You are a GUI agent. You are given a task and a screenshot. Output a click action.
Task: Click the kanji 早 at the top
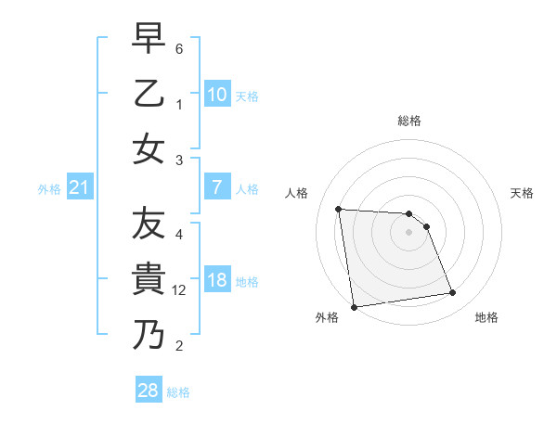pyautogui.click(x=149, y=40)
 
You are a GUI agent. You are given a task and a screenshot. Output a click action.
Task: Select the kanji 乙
pyautogui.click(x=149, y=94)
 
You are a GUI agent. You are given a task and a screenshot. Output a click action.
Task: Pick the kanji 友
pyautogui.click(x=149, y=224)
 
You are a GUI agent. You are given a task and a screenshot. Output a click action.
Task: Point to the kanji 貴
pyautogui.click(x=149, y=278)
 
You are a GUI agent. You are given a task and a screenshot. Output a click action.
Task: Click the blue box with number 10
pyautogui.click(x=216, y=94)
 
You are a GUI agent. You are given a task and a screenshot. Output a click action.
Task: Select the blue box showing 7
pyautogui.click(x=216, y=187)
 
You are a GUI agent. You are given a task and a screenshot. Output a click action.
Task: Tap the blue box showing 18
pyautogui.click(x=216, y=281)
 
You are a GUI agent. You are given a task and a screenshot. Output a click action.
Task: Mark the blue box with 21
pyautogui.click(x=79, y=188)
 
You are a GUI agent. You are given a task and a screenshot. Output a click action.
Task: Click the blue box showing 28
pyautogui.click(x=148, y=391)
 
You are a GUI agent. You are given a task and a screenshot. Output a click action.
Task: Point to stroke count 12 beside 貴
pyautogui.click(x=180, y=291)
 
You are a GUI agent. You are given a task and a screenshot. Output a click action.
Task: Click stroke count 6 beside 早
pyautogui.click(x=179, y=47)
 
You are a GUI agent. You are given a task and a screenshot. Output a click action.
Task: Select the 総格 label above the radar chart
pyautogui.click(x=408, y=121)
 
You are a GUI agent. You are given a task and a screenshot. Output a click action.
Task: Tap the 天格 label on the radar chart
pyautogui.click(x=523, y=193)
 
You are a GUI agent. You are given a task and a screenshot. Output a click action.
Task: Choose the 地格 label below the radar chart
pyautogui.click(x=486, y=317)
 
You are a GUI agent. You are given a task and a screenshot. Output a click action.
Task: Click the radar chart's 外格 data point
pyautogui.click(x=354, y=306)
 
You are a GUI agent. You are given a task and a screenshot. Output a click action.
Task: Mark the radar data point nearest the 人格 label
pyautogui.click(x=339, y=209)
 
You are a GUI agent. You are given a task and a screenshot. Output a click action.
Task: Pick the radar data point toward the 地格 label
pyautogui.click(x=452, y=293)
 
